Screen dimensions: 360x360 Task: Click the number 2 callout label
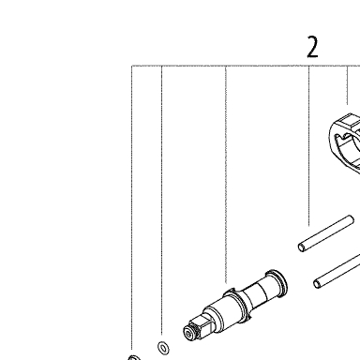coord(312,47)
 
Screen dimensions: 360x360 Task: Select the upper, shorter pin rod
coord(326,233)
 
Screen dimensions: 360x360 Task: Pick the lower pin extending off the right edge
coord(337,271)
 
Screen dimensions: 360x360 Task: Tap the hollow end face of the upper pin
coord(302,247)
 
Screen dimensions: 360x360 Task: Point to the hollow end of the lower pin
coord(317,284)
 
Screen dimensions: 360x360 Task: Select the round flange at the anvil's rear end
coord(277,279)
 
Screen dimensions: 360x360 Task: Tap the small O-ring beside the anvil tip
coord(163,348)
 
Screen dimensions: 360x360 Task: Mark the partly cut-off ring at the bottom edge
coord(134,357)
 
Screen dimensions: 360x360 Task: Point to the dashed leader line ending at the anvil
coord(226,174)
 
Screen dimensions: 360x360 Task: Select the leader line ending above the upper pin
coord(309,145)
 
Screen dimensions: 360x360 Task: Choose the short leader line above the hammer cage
coord(347,85)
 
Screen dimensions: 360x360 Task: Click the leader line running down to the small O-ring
coord(161,200)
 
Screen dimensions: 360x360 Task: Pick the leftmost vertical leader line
coord(132,207)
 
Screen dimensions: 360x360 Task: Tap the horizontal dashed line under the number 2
coord(246,66)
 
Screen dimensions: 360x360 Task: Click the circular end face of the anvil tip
coord(188,333)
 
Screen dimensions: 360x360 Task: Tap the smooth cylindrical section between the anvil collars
coord(256,293)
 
